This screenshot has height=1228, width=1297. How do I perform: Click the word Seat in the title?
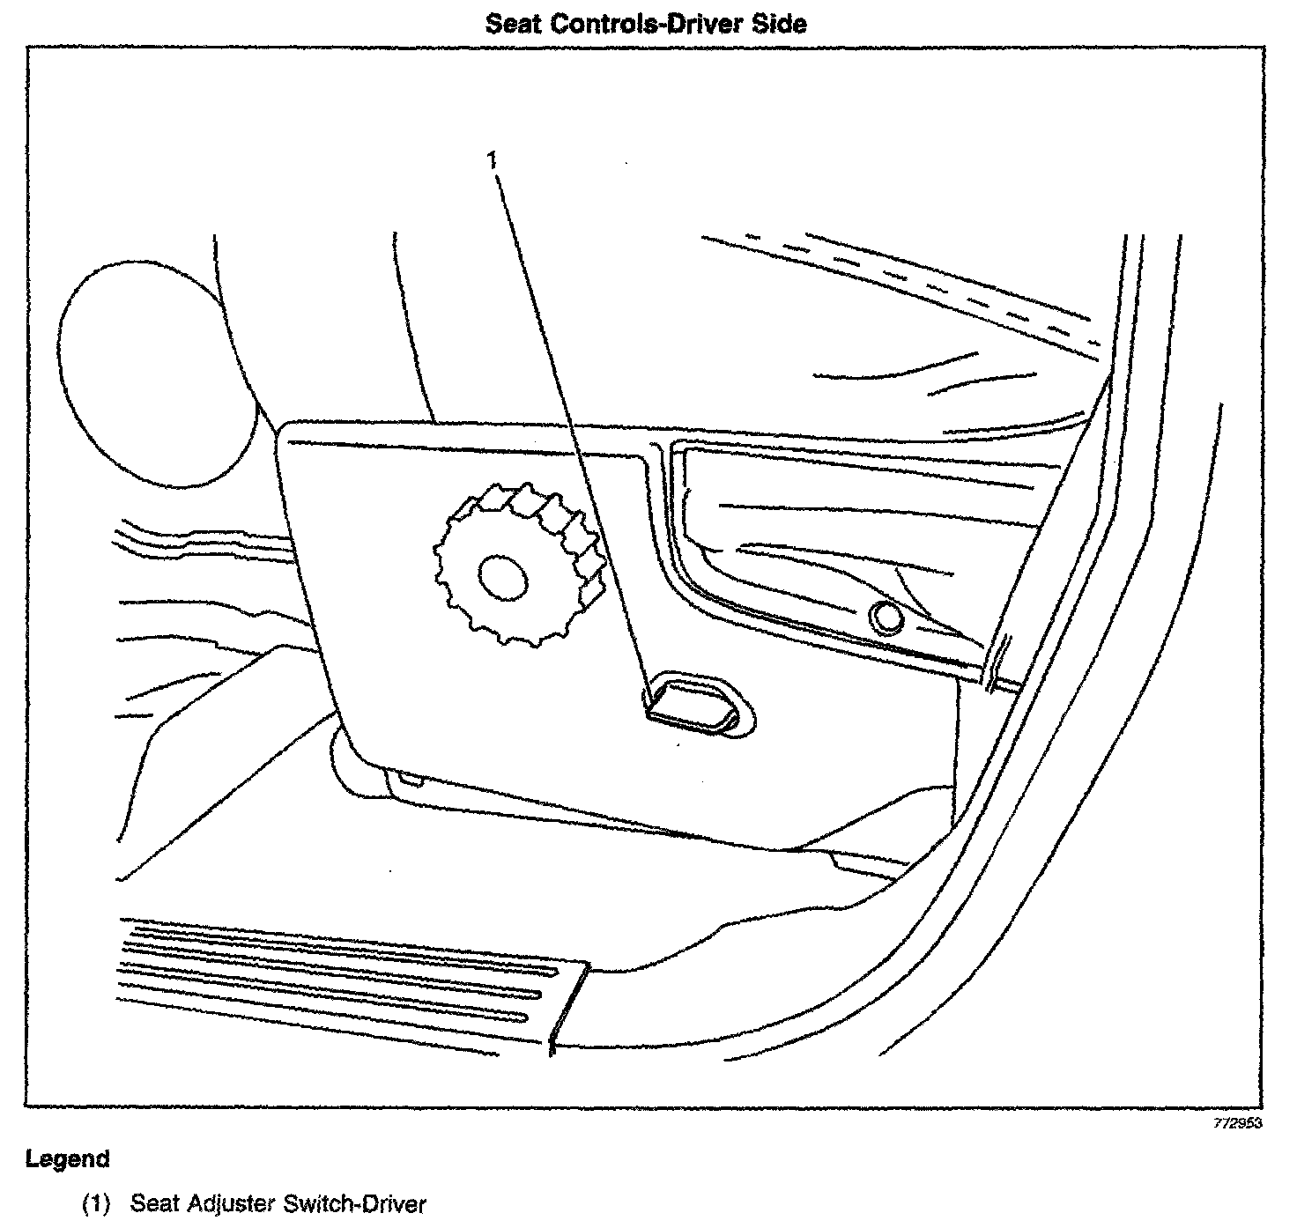point(515,23)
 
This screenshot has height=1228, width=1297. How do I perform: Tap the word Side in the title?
point(779,23)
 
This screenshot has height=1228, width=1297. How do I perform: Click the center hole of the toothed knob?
point(502,578)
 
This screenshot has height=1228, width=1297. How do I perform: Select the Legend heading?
point(68,1158)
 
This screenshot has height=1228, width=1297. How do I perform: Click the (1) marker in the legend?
point(98,1203)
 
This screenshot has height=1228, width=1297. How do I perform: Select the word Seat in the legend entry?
point(155,1203)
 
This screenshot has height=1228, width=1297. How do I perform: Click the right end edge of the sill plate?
point(569,1004)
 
